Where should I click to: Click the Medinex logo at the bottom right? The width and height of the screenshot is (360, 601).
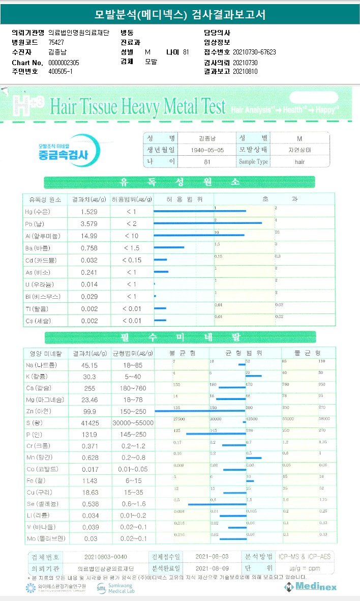coord(311,587)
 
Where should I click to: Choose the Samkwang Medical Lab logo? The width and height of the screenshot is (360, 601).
coord(115,588)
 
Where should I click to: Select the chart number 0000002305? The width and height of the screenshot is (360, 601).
coord(64,63)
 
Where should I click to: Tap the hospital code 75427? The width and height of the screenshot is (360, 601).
coord(56,42)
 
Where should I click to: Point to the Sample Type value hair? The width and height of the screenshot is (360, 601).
coord(299,161)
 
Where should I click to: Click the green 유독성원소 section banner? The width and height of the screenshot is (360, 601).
coord(179,182)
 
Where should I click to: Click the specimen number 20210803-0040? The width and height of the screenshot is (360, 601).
coord(102,556)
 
